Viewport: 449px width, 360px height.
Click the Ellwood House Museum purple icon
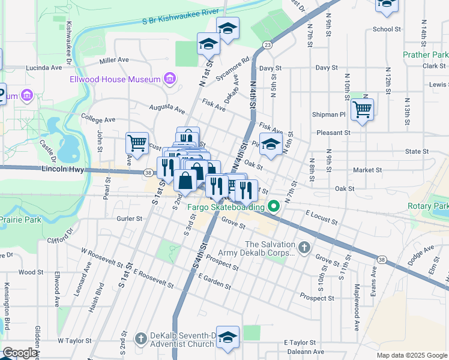click(170, 79)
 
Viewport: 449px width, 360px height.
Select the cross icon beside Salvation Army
click(304, 247)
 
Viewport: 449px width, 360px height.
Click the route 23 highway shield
click(267, 45)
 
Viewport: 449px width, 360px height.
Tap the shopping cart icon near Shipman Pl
click(362, 110)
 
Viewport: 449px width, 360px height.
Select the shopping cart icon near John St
click(137, 143)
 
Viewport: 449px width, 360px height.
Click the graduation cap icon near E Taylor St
click(228, 337)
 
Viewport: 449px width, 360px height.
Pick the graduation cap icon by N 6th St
click(271, 144)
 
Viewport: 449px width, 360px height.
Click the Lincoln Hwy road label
click(63, 170)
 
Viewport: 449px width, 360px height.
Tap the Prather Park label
click(425, 55)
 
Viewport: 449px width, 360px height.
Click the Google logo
click(20, 353)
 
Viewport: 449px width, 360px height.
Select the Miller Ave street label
click(114, 60)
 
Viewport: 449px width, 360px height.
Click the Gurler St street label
click(129, 219)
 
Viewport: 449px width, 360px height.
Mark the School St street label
click(387, 29)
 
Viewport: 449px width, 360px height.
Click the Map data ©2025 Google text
click(412, 355)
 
